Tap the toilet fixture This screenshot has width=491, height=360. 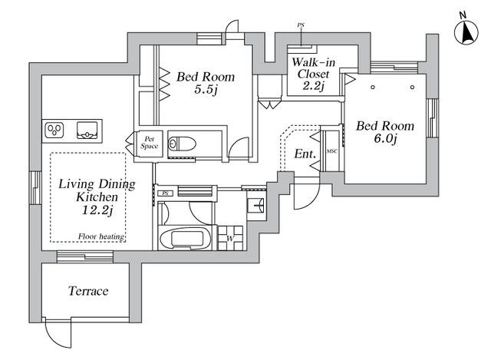coord(182,144)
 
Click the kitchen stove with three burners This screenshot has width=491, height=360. coord(54,130)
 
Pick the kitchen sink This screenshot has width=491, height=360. coord(87,130)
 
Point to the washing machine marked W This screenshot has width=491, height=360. coord(230,238)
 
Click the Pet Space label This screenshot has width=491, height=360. coord(150,143)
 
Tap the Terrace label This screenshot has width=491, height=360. coord(88,291)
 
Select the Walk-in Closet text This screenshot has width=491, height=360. coord(313,68)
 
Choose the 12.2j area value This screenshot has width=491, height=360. coord(97,210)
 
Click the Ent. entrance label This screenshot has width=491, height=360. coord(305,154)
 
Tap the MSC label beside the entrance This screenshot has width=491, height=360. coord(332,152)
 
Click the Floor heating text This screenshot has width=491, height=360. coord(101,236)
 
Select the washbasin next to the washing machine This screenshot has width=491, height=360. coord(256,206)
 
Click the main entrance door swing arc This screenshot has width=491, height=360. coord(310,201)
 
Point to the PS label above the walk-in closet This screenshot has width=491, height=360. coord(301,25)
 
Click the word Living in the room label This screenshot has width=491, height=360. coord(76,184)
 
